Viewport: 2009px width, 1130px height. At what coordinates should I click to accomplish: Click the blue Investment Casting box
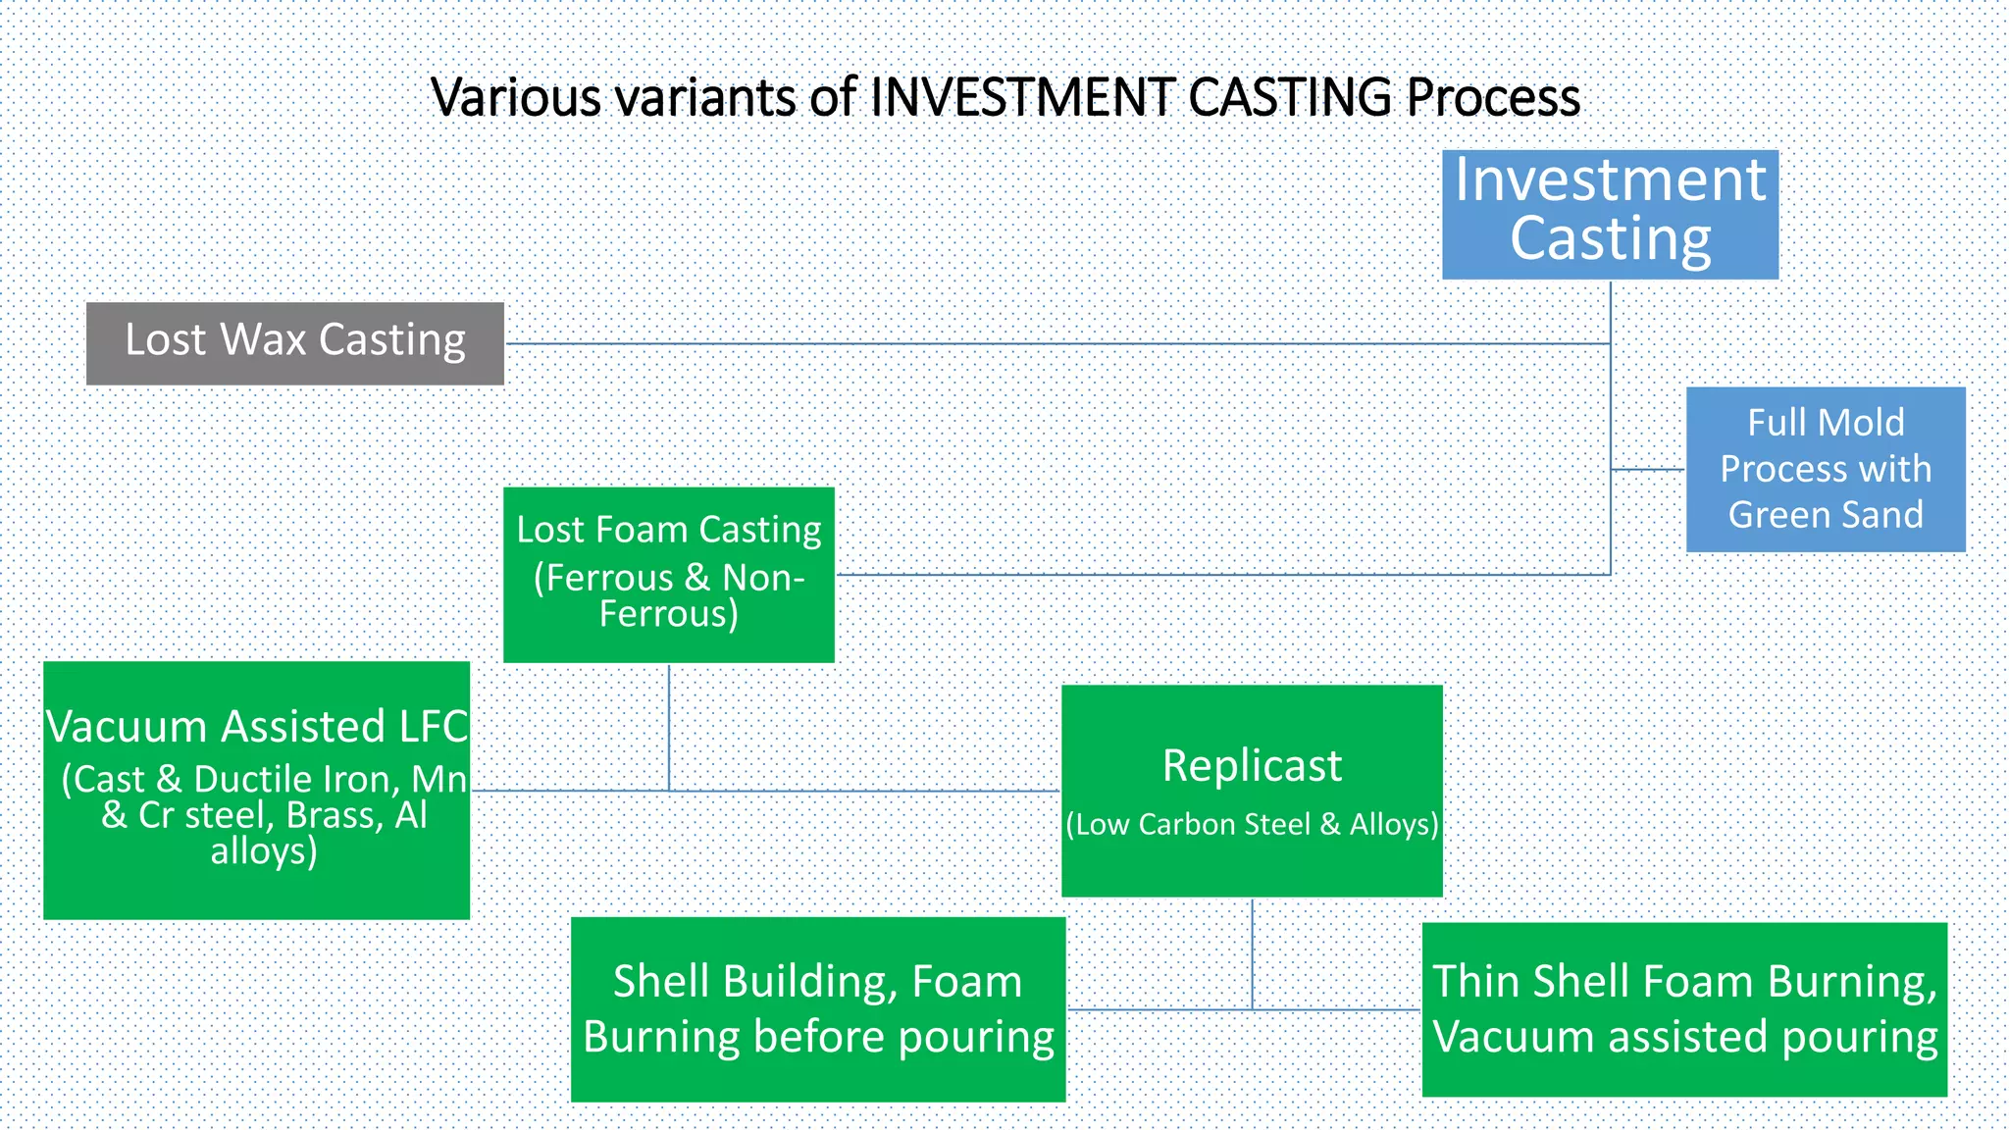click(x=1610, y=214)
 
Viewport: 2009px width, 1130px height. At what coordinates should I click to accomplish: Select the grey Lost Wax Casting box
click(x=294, y=342)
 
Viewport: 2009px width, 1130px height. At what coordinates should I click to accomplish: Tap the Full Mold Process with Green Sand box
click(x=1825, y=469)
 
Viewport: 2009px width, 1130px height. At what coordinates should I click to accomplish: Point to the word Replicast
click(x=1252, y=766)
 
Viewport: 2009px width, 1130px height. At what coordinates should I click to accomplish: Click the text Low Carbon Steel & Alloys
click(x=1252, y=824)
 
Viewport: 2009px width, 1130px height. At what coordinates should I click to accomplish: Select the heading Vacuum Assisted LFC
click(x=257, y=727)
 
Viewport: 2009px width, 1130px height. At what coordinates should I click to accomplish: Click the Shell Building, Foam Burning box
click(x=818, y=1008)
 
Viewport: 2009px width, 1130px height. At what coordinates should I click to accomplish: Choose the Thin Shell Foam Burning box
click(x=1684, y=1008)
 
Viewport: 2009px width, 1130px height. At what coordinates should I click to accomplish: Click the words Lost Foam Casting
click(x=669, y=530)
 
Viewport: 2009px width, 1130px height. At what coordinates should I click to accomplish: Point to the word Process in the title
click(x=1493, y=97)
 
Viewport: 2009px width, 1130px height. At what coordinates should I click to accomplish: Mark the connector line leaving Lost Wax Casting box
click(x=981, y=343)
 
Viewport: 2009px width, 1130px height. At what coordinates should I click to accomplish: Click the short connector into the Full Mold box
click(x=1649, y=470)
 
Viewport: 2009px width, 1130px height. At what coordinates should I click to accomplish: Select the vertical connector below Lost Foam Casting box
click(x=669, y=726)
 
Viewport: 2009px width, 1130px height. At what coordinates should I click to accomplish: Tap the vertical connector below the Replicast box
click(x=1252, y=951)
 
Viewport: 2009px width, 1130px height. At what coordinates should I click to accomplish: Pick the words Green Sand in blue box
click(x=1825, y=515)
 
